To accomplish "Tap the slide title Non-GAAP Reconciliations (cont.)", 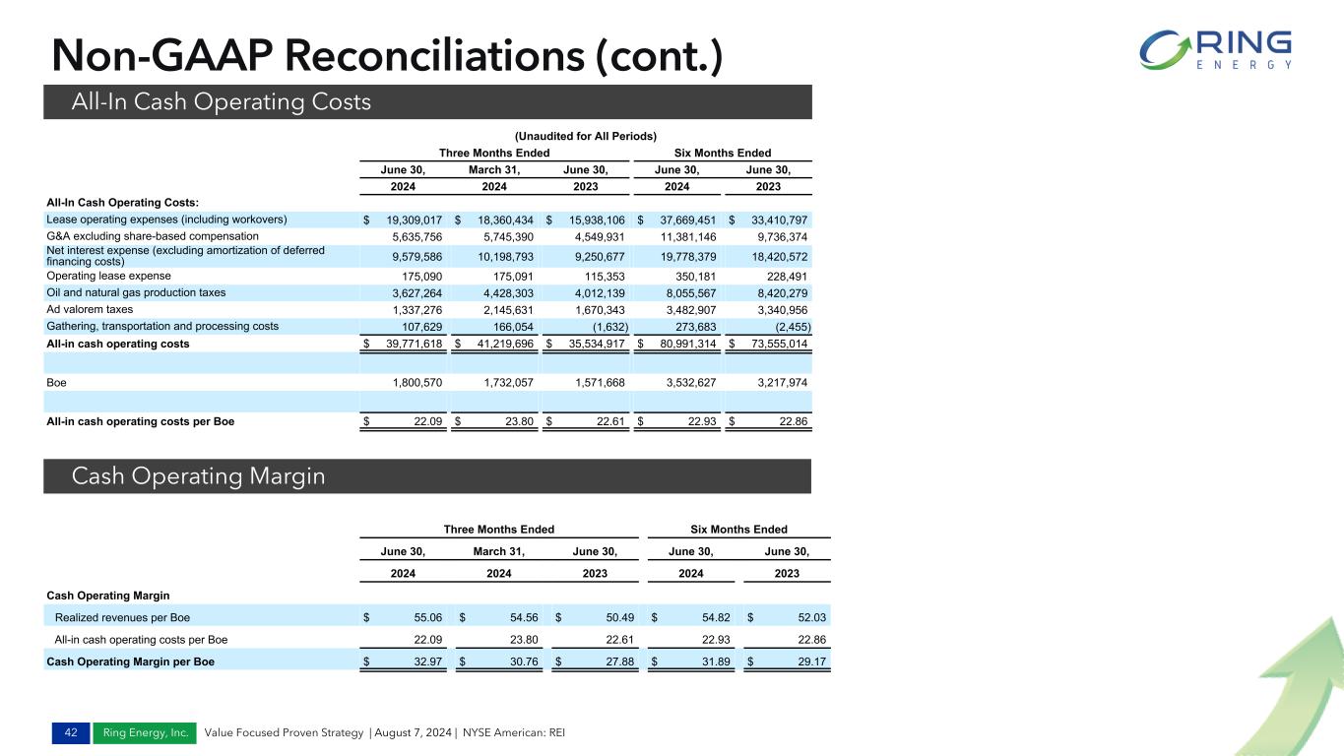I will coord(387,56).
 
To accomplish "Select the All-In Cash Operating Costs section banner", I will coord(221,101).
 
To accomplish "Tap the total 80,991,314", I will coord(678,344).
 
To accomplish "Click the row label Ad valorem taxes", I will coord(90,309).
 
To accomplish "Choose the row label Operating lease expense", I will coord(108,276).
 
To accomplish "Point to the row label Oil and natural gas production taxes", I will coord(136,292).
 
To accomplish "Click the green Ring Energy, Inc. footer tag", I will coord(145,732).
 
